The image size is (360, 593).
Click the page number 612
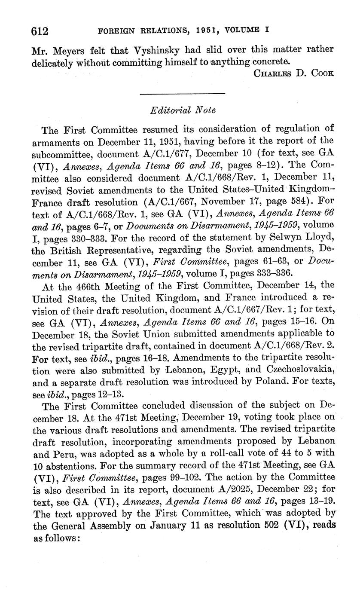click(39, 31)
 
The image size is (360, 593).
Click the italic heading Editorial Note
click(183, 110)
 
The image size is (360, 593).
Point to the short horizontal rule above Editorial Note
click(183, 93)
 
